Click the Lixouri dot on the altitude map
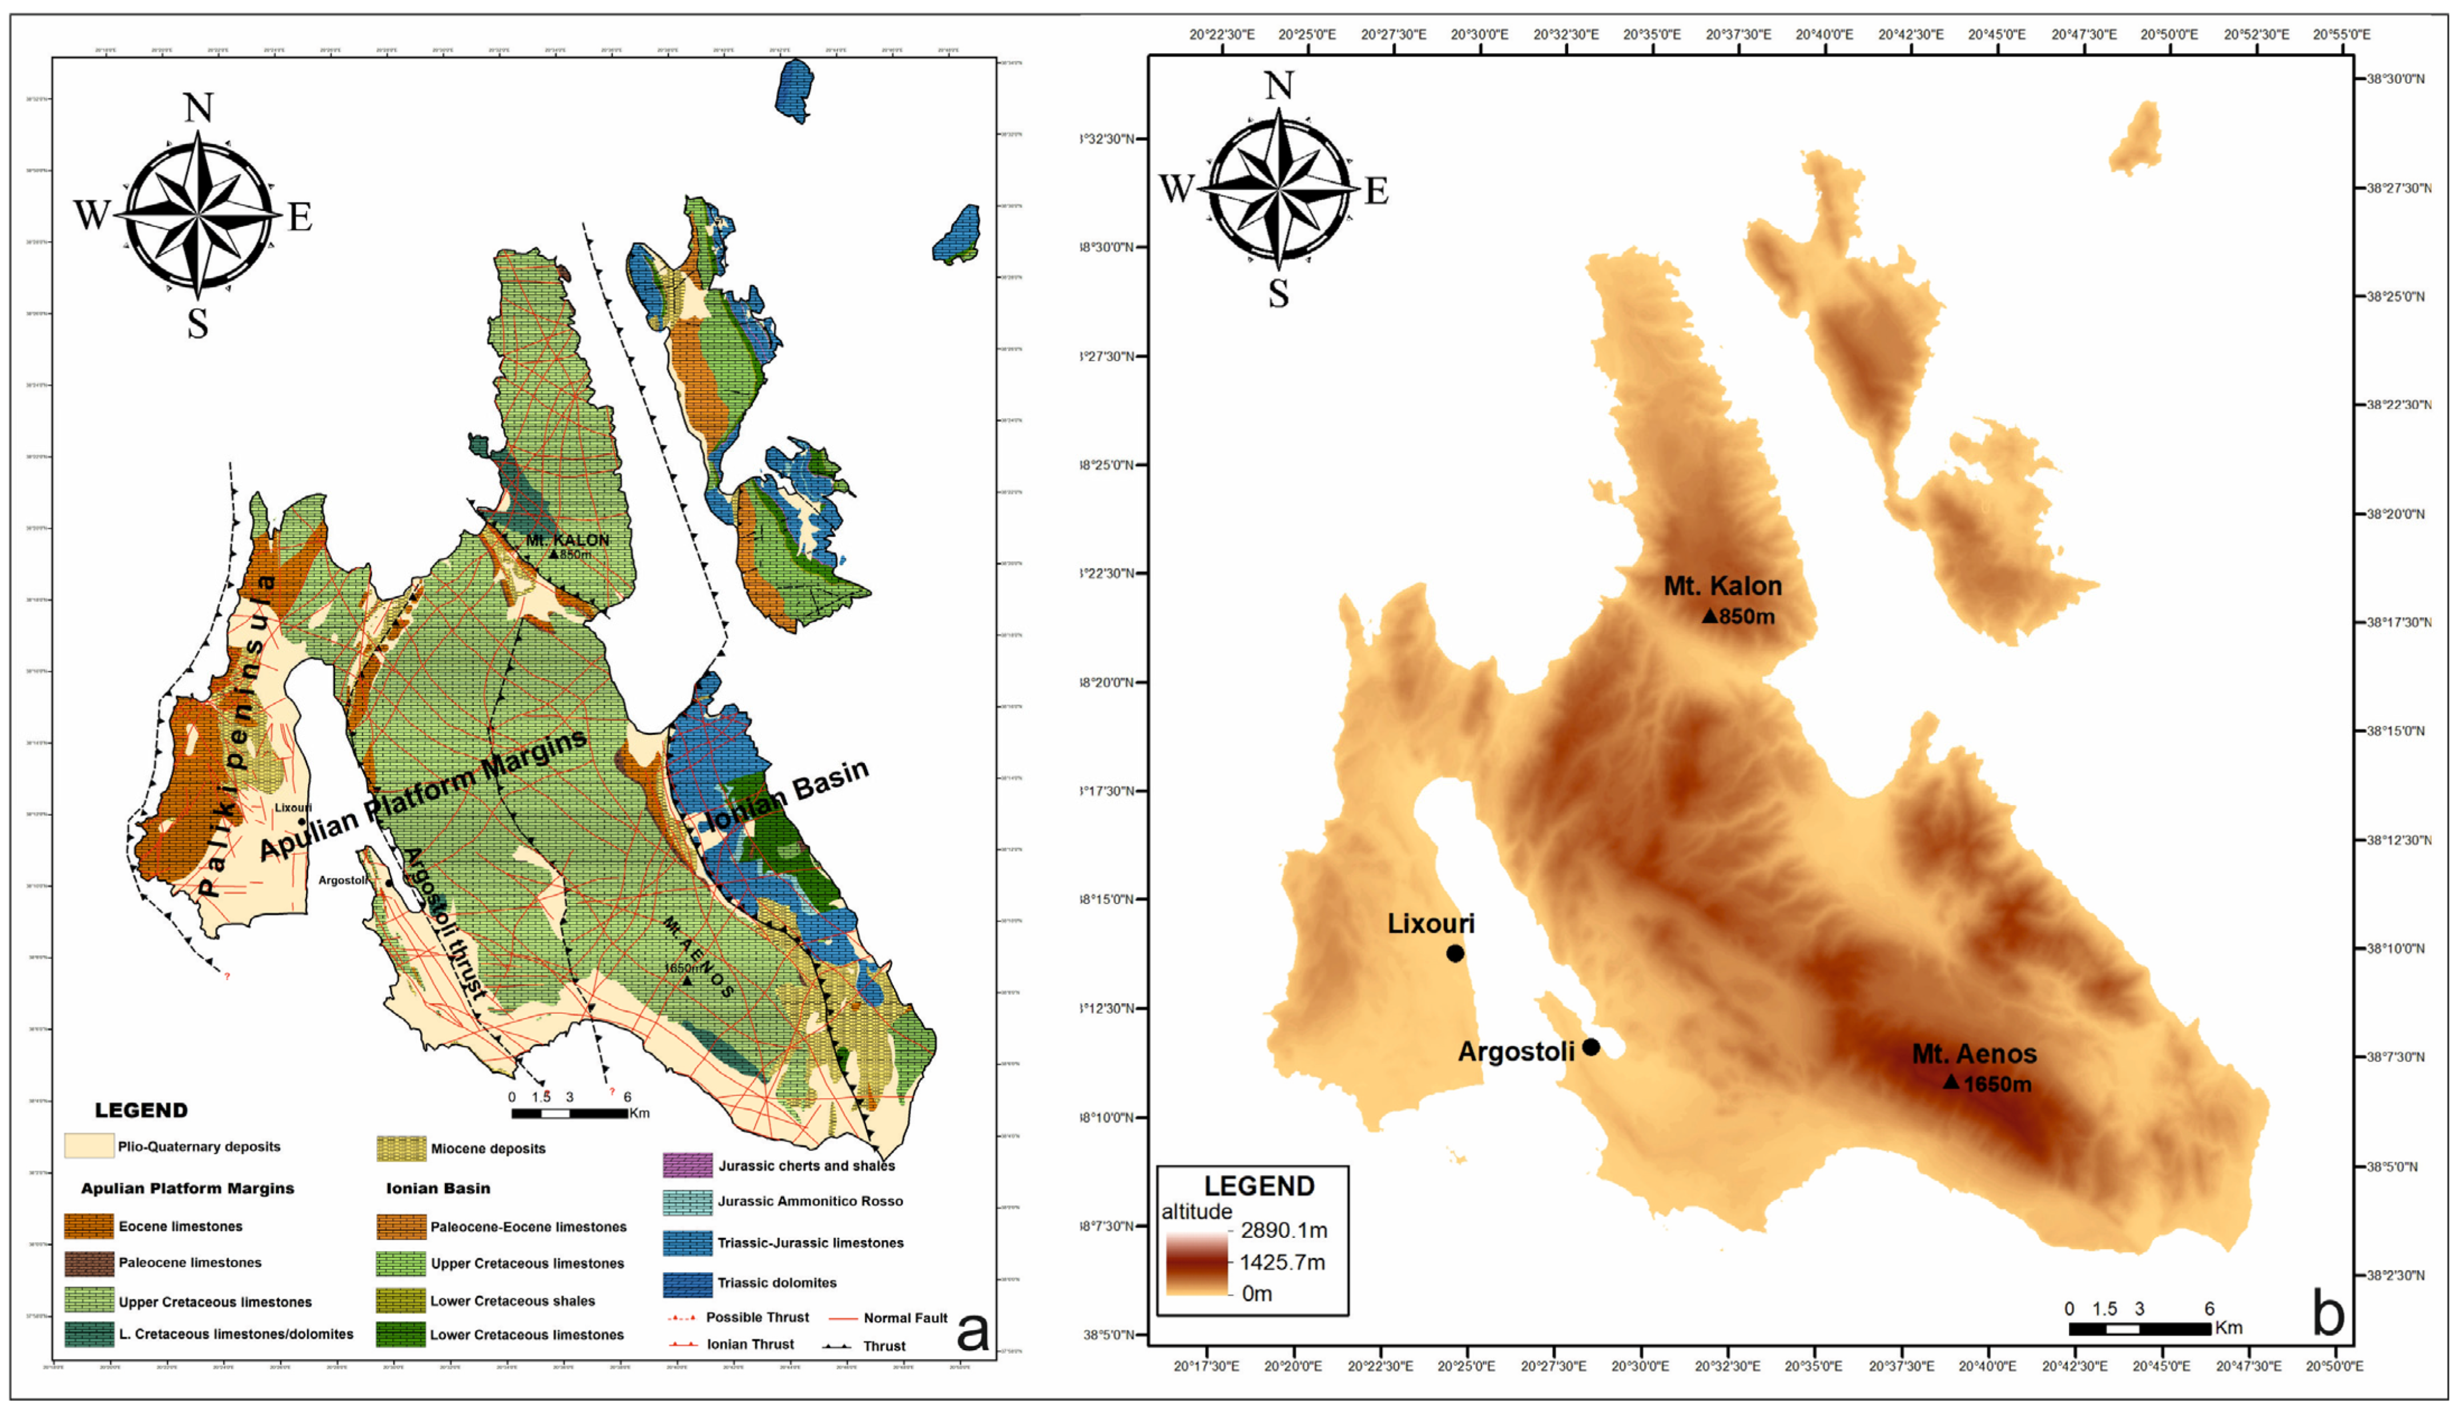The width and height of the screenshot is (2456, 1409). [x=1455, y=953]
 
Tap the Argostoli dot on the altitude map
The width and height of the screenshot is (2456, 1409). [x=1591, y=1047]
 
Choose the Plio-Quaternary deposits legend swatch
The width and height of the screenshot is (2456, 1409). [x=89, y=1146]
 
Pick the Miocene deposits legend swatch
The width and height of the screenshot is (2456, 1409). [x=401, y=1149]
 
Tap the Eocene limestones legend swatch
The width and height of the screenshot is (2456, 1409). [x=89, y=1226]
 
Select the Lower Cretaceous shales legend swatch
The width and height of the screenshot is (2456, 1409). [x=401, y=1301]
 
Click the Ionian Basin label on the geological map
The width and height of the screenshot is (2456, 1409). [x=786, y=795]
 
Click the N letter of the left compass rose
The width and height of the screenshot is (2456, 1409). [x=198, y=107]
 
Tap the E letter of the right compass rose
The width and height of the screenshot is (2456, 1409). [x=1376, y=191]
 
